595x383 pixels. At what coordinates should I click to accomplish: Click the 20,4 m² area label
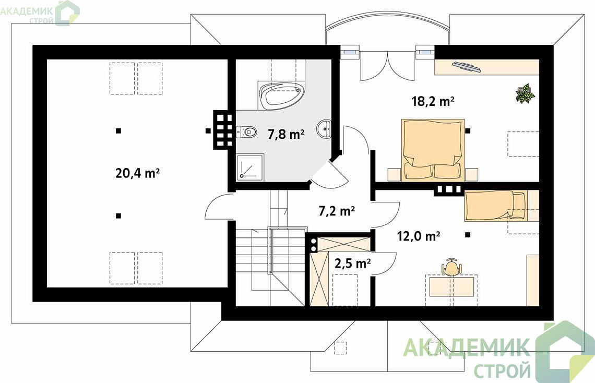point(137,173)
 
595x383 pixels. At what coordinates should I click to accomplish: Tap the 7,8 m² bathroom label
point(286,134)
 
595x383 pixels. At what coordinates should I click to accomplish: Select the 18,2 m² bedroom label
point(433,101)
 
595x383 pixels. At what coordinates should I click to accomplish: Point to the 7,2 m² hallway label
point(337,211)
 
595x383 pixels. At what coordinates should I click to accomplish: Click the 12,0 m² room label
point(419,236)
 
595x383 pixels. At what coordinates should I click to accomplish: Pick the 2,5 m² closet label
point(352,263)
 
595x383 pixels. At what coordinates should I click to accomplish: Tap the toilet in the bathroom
point(246,131)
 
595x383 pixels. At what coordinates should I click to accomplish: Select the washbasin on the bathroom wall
point(325,129)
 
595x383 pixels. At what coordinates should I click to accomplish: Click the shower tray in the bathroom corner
point(250,167)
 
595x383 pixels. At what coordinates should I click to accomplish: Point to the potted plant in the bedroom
point(526,93)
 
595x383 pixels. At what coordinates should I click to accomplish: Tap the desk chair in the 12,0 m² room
point(451,267)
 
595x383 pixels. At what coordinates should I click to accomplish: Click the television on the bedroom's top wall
point(467,67)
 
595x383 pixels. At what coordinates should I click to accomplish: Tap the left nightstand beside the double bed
point(394,174)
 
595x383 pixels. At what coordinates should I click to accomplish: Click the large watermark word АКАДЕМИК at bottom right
point(466,347)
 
